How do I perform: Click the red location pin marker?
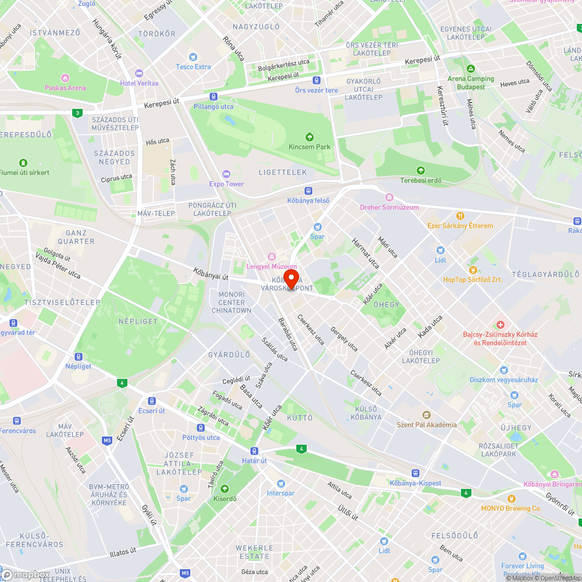[x=291, y=276]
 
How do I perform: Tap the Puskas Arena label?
[x=65, y=88]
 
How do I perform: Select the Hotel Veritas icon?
[x=139, y=73]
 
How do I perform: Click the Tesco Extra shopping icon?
[x=194, y=57]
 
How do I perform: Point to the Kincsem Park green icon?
[x=310, y=137]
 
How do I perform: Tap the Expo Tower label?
[x=226, y=184]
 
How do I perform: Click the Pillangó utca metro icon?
[x=214, y=97]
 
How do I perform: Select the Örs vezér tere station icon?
[x=316, y=80]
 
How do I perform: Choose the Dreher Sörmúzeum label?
[x=389, y=207]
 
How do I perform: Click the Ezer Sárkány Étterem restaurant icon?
[x=460, y=215]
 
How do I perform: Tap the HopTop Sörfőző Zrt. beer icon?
[x=473, y=269]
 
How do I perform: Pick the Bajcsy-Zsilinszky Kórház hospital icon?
[x=499, y=324]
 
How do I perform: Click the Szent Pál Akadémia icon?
[x=427, y=415]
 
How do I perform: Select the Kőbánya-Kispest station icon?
[x=415, y=473]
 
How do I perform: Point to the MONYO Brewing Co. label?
[x=511, y=508]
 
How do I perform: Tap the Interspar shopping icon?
[x=281, y=484]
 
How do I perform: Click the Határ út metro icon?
[x=254, y=451]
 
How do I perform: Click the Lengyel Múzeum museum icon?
[x=271, y=257]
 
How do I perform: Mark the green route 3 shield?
[x=77, y=112]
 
